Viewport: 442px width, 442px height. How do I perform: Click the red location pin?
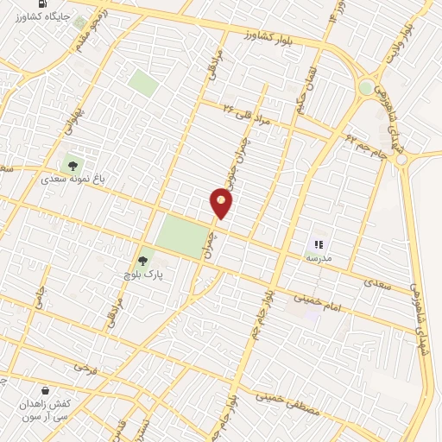pyautogui.click(x=221, y=204)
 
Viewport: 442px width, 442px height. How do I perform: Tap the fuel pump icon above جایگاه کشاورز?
pyautogui.click(x=43, y=3)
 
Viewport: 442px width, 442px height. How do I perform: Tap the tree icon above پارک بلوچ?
pyautogui.click(x=144, y=259)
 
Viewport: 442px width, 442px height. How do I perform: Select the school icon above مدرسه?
pyautogui.click(x=318, y=245)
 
